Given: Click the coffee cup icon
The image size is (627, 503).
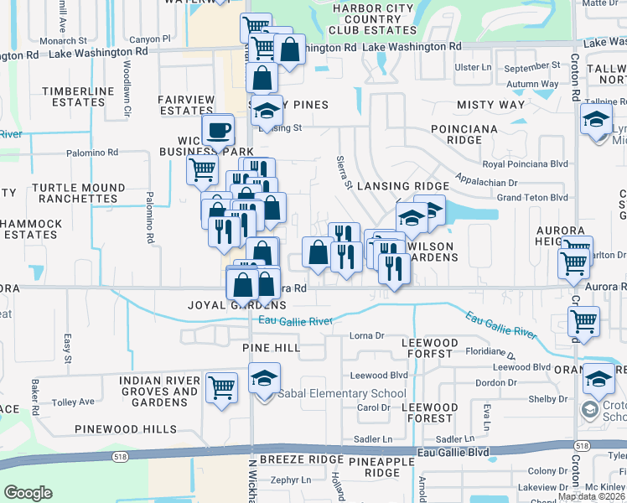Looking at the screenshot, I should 219,130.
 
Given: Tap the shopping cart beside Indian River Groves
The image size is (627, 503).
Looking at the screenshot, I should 221,388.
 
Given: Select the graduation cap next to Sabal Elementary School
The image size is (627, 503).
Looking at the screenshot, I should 265,379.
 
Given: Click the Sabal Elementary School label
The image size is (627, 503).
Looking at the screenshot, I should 342,393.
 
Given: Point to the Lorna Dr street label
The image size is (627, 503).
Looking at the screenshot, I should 366,335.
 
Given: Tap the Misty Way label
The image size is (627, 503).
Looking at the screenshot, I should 490,105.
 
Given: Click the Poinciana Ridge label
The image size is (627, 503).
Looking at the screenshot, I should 465,135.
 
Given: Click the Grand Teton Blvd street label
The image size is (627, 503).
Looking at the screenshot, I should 532,197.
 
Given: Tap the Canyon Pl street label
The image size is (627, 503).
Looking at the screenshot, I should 150,39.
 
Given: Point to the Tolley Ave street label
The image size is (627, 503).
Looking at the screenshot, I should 73,402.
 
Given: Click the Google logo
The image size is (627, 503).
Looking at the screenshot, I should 28,493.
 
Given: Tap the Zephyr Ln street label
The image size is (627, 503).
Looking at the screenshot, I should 291,480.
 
